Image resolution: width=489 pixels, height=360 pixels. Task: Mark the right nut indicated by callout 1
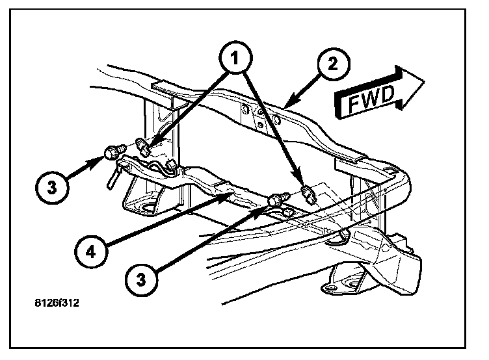pyautogui.click(x=308, y=193)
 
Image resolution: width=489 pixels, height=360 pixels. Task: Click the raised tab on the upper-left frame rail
pyautogui.click(x=161, y=85)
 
